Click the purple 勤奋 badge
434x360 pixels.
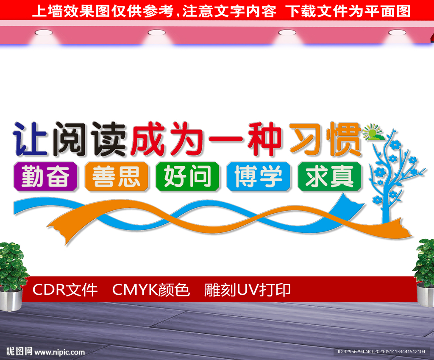[45, 177]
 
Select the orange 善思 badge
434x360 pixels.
[117, 177]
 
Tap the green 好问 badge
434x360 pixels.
[188, 177]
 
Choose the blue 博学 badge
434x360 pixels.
[259, 177]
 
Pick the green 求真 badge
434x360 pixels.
[330, 177]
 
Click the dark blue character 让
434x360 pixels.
[31, 139]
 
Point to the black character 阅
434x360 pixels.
[70, 139]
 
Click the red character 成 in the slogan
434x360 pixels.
[148, 139]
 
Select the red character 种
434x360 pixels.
[264, 139]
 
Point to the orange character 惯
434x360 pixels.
[344, 139]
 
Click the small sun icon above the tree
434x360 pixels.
[373, 132]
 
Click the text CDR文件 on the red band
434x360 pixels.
[65, 290]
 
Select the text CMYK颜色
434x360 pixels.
[151, 290]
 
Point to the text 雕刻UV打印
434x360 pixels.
[248, 290]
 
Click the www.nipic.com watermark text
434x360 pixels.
[60, 352]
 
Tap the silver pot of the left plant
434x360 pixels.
[11, 299]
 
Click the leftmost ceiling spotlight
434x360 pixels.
[44, 33]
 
